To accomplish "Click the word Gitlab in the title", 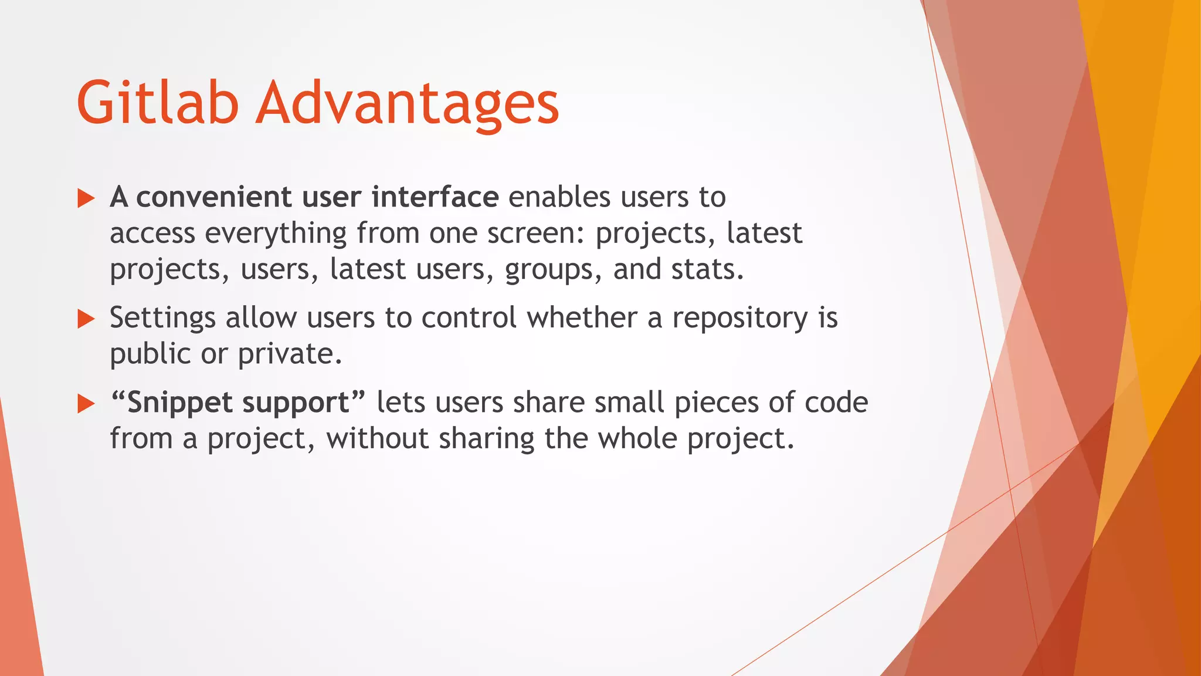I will click(x=157, y=103).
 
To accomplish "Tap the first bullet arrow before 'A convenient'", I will click(x=86, y=198).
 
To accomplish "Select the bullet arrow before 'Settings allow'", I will click(x=86, y=319).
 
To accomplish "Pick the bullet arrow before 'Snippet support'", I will click(x=86, y=404).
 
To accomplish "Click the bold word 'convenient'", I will click(x=213, y=197).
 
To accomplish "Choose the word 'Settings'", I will click(x=162, y=319).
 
